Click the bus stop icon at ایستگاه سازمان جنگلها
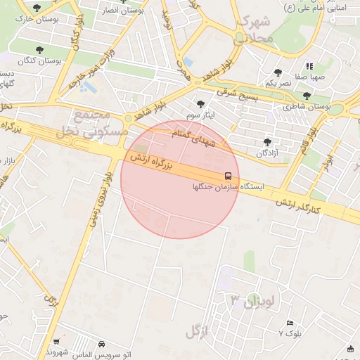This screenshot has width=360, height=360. click(x=229, y=175)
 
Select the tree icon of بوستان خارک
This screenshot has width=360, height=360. click(x=37, y=8)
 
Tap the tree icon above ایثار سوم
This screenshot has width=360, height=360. click(x=201, y=103)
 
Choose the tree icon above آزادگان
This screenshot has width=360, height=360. click(x=267, y=141)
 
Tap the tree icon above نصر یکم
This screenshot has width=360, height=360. click(x=278, y=72)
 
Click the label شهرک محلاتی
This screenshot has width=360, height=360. click(x=253, y=30)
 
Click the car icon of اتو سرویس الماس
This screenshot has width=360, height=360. click(x=102, y=344)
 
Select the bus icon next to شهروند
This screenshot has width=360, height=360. click(x=55, y=342)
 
